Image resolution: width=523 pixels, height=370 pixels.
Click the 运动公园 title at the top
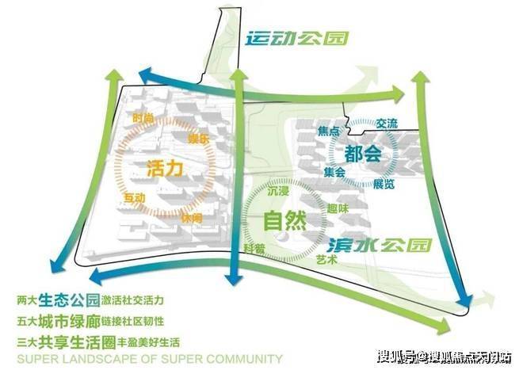pos(297,39)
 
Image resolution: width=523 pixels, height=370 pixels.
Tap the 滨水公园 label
pos(380,246)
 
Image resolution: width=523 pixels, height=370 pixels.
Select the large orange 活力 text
pos(165,168)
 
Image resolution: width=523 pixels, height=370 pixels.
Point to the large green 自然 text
pos(285,220)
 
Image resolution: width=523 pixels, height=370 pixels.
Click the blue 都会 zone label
pos(363,154)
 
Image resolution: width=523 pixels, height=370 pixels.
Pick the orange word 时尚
pos(143,118)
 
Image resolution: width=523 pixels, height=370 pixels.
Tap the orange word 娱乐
pos(198,139)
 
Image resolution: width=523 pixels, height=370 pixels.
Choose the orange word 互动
pos(135,198)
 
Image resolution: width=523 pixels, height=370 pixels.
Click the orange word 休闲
pos(192,218)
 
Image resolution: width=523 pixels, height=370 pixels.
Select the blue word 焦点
pos(329,131)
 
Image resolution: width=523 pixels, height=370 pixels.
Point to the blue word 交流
pos(387,124)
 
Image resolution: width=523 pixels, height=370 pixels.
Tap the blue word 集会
pos(334,172)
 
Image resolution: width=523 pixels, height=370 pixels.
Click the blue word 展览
pos(384,184)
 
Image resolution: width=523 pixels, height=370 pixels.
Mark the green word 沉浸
pos(278,191)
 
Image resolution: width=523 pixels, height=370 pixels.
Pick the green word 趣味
pos(338,208)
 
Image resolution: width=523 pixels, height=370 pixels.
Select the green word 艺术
pos(326,260)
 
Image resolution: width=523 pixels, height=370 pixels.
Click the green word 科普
pos(254,249)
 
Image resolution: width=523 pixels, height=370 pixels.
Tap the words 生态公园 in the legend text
pos(69,300)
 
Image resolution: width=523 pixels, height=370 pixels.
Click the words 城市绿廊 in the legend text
pos(69,322)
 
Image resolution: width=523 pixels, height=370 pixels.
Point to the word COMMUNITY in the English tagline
pos(243,359)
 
